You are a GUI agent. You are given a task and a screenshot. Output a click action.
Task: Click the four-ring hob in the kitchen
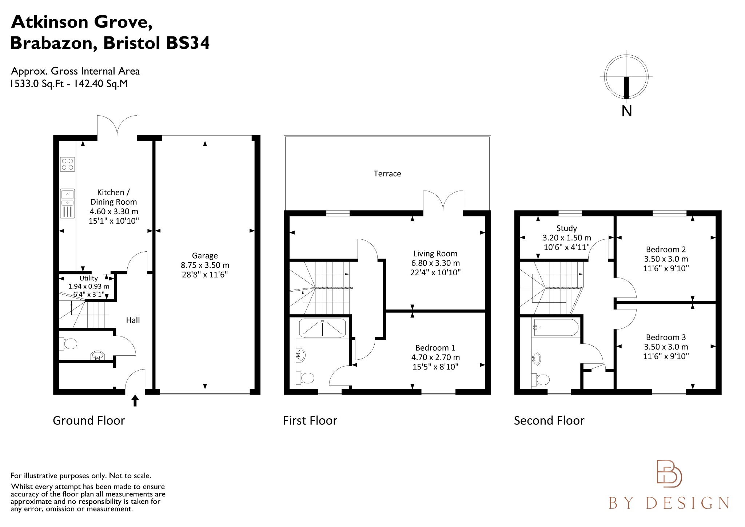68,164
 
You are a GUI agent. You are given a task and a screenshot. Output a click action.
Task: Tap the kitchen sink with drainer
68,204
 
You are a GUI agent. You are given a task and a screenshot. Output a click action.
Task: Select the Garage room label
205,256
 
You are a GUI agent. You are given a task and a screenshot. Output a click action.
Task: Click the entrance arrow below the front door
135,400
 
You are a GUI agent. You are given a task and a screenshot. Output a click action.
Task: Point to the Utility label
89,278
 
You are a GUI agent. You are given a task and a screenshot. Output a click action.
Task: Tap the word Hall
133,320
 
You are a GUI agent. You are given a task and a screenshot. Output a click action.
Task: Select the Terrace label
387,174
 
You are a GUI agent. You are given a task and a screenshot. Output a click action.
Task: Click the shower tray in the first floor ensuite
322,328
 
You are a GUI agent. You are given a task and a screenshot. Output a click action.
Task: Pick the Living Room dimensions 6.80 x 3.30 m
435,263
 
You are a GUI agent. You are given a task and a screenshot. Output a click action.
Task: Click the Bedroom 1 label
435,348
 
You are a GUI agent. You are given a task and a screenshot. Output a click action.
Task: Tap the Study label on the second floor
566,228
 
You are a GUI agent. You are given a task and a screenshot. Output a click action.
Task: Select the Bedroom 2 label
666,249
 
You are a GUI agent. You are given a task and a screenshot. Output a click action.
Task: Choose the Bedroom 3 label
666,337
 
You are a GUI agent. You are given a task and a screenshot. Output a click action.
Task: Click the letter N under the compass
626,111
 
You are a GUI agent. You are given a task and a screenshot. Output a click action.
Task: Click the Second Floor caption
549,421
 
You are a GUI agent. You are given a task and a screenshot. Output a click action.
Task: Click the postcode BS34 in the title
188,43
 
